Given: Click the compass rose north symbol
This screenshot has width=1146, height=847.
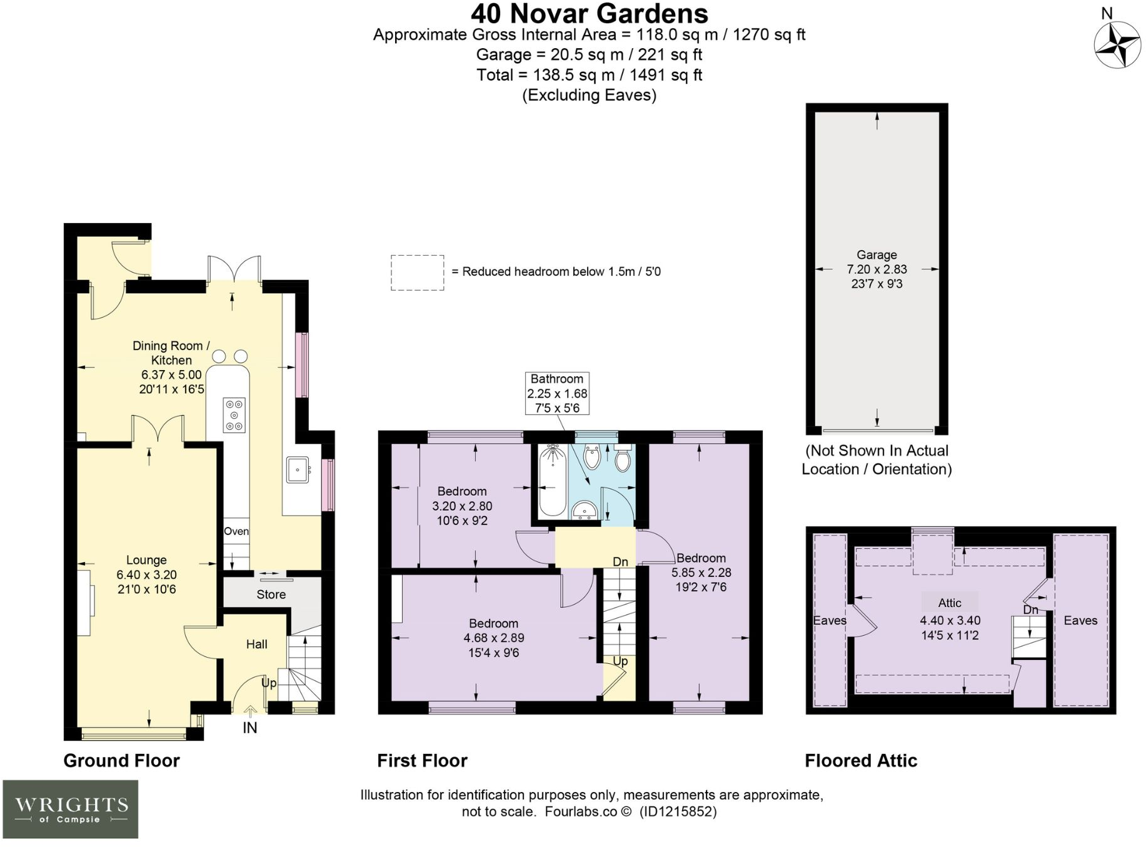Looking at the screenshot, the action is coord(1117,44).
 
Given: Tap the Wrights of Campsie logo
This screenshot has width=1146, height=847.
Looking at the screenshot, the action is coord(70,809).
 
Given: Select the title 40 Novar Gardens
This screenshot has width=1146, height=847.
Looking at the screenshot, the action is coord(589,13).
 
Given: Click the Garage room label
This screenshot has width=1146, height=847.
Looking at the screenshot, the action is coord(877,255).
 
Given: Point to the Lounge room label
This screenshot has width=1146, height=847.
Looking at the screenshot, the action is coord(146,560).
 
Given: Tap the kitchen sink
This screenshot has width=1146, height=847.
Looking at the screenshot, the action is coord(298,469).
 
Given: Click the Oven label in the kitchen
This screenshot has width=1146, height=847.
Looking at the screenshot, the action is coord(236,531).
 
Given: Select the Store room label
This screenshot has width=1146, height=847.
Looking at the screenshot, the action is coord(271,594).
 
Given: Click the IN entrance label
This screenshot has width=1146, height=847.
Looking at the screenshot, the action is coord(250,728).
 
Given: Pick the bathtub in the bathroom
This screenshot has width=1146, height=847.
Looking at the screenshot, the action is coord(553,480).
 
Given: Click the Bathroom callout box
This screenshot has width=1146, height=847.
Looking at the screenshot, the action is coord(557,393).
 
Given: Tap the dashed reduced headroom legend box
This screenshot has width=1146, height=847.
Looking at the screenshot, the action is coord(418,273).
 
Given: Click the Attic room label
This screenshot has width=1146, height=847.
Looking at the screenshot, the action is coord(950,603).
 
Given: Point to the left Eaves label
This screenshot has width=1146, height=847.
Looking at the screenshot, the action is coord(830,621).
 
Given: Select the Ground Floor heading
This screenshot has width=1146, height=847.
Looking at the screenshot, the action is coord(121,761).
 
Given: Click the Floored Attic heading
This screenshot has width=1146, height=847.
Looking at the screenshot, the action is coord(861,761).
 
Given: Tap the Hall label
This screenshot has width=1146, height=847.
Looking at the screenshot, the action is coord(257,644).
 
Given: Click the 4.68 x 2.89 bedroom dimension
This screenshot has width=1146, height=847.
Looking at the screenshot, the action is coord(494,638).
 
